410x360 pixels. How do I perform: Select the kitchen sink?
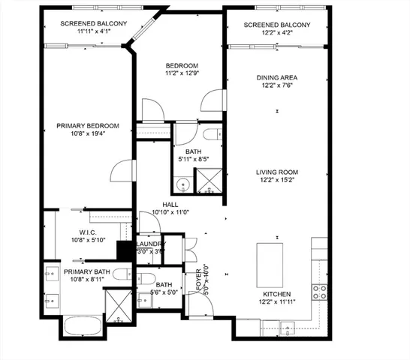[x=288, y=326]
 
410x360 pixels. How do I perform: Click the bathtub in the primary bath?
[x=82, y=326]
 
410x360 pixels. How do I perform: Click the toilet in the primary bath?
[x=123, y=276]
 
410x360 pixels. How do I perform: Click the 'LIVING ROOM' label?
[x=277, y=170]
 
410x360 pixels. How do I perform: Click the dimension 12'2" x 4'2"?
[x=277, y=34]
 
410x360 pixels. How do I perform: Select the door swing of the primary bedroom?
[x=120, y=171]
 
